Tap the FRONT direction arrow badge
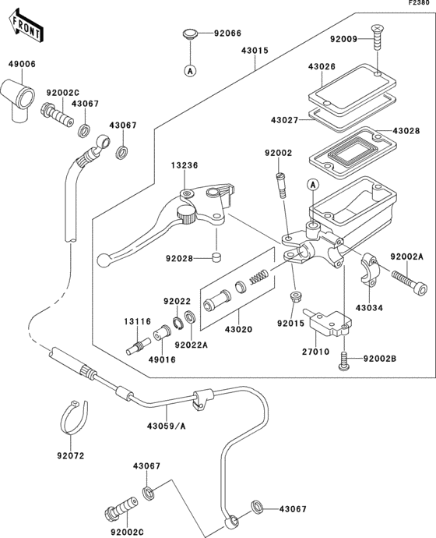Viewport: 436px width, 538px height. tap(23, 29)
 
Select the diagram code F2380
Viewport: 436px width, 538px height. tap(419, 5)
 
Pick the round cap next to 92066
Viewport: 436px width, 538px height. tap(188, 34)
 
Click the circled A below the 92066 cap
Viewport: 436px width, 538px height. tap(188, 70)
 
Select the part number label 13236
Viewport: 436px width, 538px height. tap(187, 165)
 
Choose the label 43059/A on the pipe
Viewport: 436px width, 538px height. tap(166, 426)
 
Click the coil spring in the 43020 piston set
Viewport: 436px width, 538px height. tap(258, 276)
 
